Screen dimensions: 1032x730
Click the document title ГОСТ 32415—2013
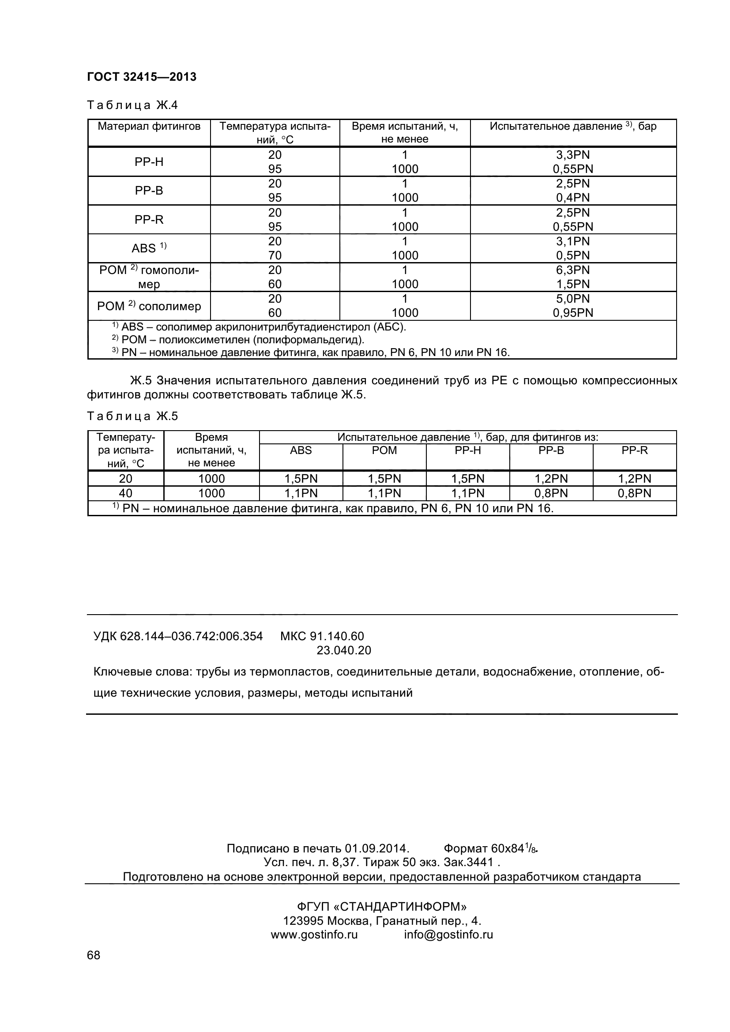tap(142, 77)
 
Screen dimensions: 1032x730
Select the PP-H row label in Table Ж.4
tap(149, 162)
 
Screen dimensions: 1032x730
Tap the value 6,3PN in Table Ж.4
tap(573, 270)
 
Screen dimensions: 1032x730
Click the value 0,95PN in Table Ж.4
tap(573, 313)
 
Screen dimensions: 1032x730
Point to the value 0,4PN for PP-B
tap(573, 198)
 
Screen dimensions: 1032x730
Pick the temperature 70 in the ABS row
tap(275, 255)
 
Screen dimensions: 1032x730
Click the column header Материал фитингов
tap(149, 126)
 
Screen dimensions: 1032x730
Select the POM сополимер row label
tap(149, 306)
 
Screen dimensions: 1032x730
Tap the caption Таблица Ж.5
tap(132, 416)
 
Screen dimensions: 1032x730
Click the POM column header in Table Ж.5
tap(384, 450)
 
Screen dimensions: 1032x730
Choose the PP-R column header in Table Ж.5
tap(634, 450)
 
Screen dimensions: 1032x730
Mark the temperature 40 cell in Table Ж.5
tap(125, 493)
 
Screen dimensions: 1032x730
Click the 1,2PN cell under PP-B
tap(551, 479)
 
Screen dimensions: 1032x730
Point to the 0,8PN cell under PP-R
tap(634, 493)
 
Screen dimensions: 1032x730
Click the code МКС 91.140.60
tap(322, 636)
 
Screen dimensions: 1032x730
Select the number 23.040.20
tap(344, 650)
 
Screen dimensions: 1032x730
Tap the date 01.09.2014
tap(376, 848)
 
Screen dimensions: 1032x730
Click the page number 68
tap(94, 968)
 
